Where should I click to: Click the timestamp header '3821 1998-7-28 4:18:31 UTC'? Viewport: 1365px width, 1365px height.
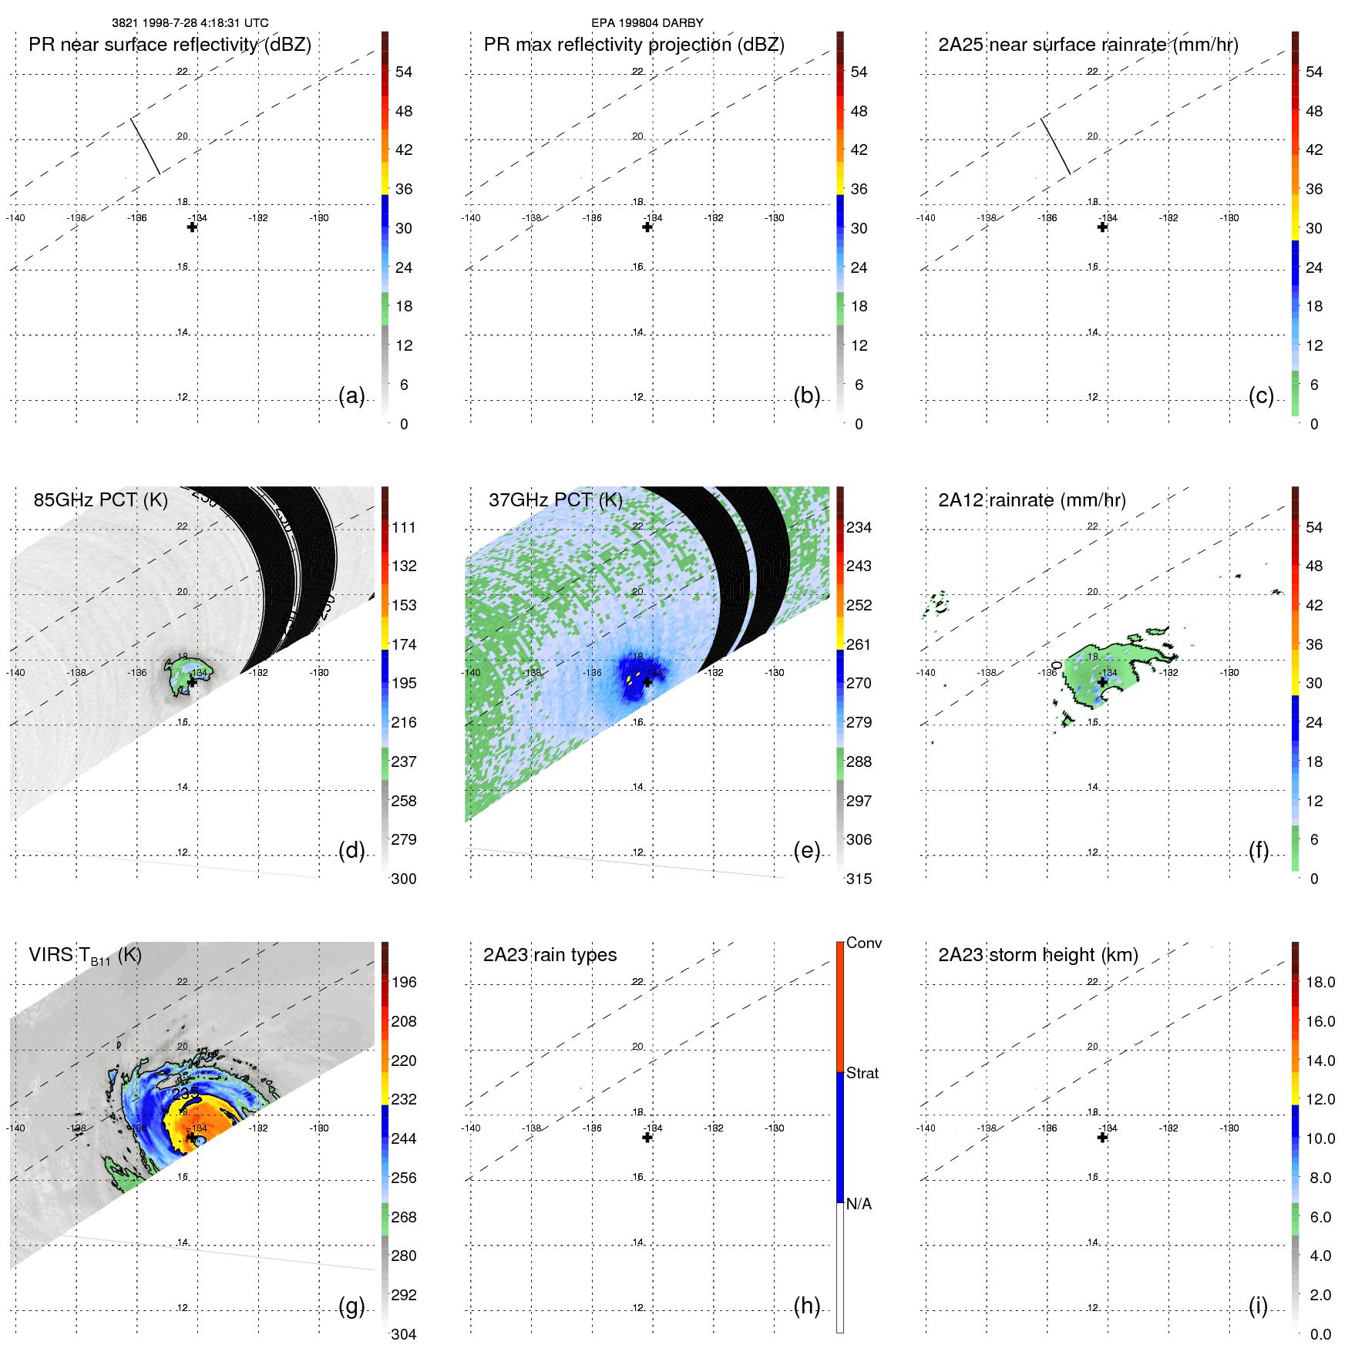point(190,23)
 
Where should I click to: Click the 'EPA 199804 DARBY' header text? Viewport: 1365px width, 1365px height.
point(647,23)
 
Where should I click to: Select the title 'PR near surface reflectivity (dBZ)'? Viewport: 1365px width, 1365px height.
point(170,45)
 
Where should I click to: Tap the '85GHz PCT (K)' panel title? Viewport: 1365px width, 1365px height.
point(100,499)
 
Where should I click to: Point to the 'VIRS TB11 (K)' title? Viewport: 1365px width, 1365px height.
point(85,955)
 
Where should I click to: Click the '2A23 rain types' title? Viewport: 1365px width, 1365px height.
point(550,955)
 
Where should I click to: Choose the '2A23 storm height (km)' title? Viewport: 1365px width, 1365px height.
point(1037,955)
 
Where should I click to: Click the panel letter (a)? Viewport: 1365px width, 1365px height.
point(351,395)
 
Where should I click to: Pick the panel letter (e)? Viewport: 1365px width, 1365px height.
point(806,850)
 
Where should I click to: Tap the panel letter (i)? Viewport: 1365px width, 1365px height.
point(1258,1306)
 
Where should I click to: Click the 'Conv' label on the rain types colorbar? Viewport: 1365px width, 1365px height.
point(863,943)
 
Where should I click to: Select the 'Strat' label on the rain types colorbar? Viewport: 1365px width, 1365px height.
point(862,1073)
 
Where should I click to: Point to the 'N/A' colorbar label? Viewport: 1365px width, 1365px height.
point(859,1204)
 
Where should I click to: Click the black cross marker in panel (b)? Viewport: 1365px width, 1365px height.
point(647,227)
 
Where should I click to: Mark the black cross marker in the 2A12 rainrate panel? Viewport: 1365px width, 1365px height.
point(1102,682)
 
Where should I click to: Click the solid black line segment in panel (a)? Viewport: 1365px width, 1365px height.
point(145,146)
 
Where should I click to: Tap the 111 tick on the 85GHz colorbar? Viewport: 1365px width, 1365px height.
point(403,527)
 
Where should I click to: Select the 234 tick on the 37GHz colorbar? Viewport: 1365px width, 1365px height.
point(859,527)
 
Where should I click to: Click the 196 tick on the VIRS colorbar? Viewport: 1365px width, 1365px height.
point(403,982)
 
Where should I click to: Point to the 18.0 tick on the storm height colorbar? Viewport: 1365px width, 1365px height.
point(1320,982)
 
